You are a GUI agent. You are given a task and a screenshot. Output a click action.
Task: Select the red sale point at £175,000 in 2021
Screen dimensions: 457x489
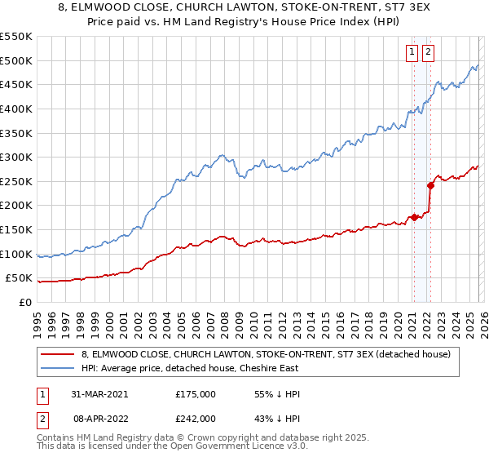pyautogui.click(x=414, y=217)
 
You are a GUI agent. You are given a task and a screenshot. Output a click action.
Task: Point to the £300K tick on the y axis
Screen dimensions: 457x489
pyautogui.click(x=15, y=157)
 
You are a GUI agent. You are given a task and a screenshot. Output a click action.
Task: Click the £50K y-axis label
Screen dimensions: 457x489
pyautogui.click(x=19, y=278)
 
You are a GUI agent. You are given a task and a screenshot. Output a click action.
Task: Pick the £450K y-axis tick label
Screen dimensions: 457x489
pyautogui.click(x=15, y=84)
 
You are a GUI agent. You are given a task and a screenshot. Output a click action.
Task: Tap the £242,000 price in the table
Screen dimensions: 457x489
pyautogui.click(x=196, y=418)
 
